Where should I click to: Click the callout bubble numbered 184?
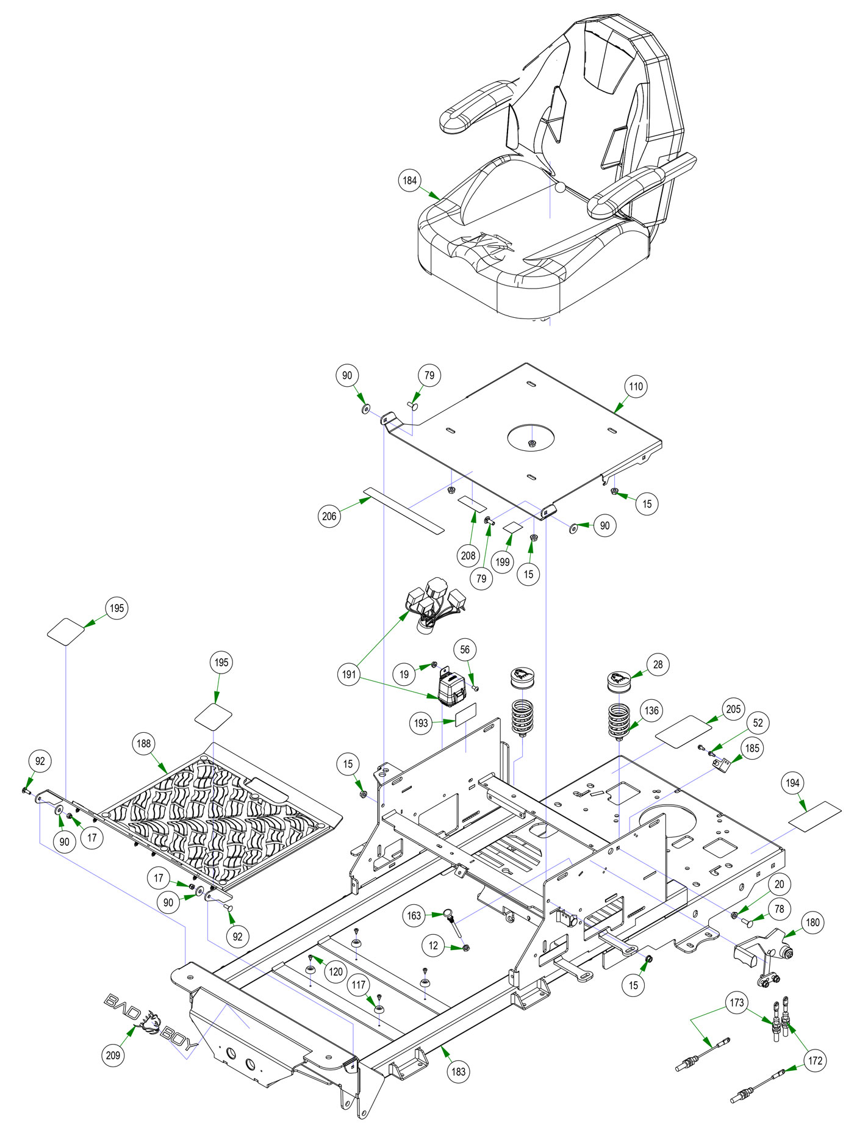pos(409,181)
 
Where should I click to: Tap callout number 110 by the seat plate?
pos(636,386)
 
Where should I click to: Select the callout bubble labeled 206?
pos(329,516)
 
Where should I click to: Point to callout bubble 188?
pos(143,743)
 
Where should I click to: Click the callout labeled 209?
pos(113,1055)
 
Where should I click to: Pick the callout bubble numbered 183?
pos(458,1071)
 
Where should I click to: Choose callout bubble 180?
pos(813,922)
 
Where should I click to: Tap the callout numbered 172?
pos(815,1061)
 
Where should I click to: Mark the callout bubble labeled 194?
pos(792,783)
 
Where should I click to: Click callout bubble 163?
pos(414,916)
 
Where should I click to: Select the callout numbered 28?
pos(658,664)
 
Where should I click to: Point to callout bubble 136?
pos(651,711)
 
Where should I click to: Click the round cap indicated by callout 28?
pos(618,681)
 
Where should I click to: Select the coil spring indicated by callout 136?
pos(619,720)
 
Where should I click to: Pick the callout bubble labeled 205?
pos(733,709)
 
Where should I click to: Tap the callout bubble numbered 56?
pos(465,650)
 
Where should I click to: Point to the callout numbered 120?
pos(336,971)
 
